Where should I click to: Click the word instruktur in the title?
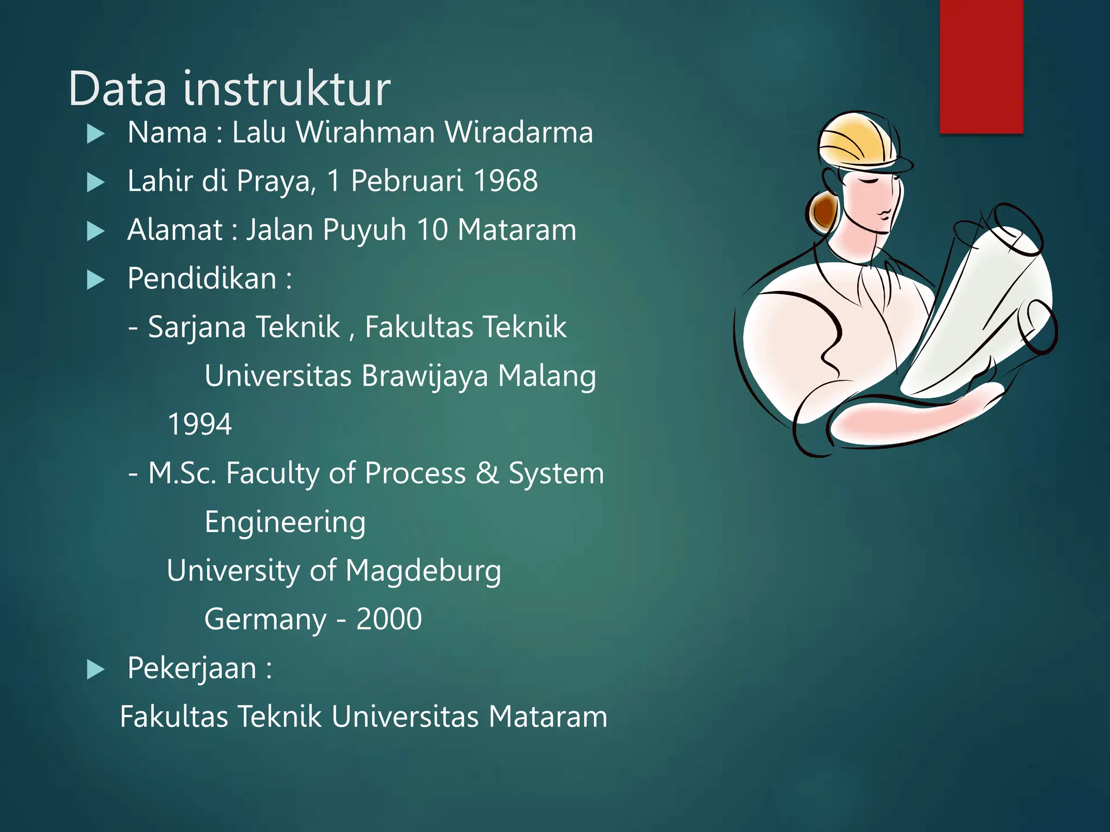click(287, 89)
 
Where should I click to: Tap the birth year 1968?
click(505, 181)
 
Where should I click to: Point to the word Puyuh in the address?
click(364, 230)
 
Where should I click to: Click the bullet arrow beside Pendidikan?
click(95, 280)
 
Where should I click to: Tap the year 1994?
click(199, 424)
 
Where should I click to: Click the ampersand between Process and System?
click(487, 473)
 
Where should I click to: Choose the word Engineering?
click(285, 523)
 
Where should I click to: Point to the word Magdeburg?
click(423, 571)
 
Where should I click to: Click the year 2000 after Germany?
click(389, 619)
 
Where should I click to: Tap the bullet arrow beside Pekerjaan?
click(95, 669)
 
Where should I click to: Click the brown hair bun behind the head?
click(823, 211)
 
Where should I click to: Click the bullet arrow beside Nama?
click(95, 134)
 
